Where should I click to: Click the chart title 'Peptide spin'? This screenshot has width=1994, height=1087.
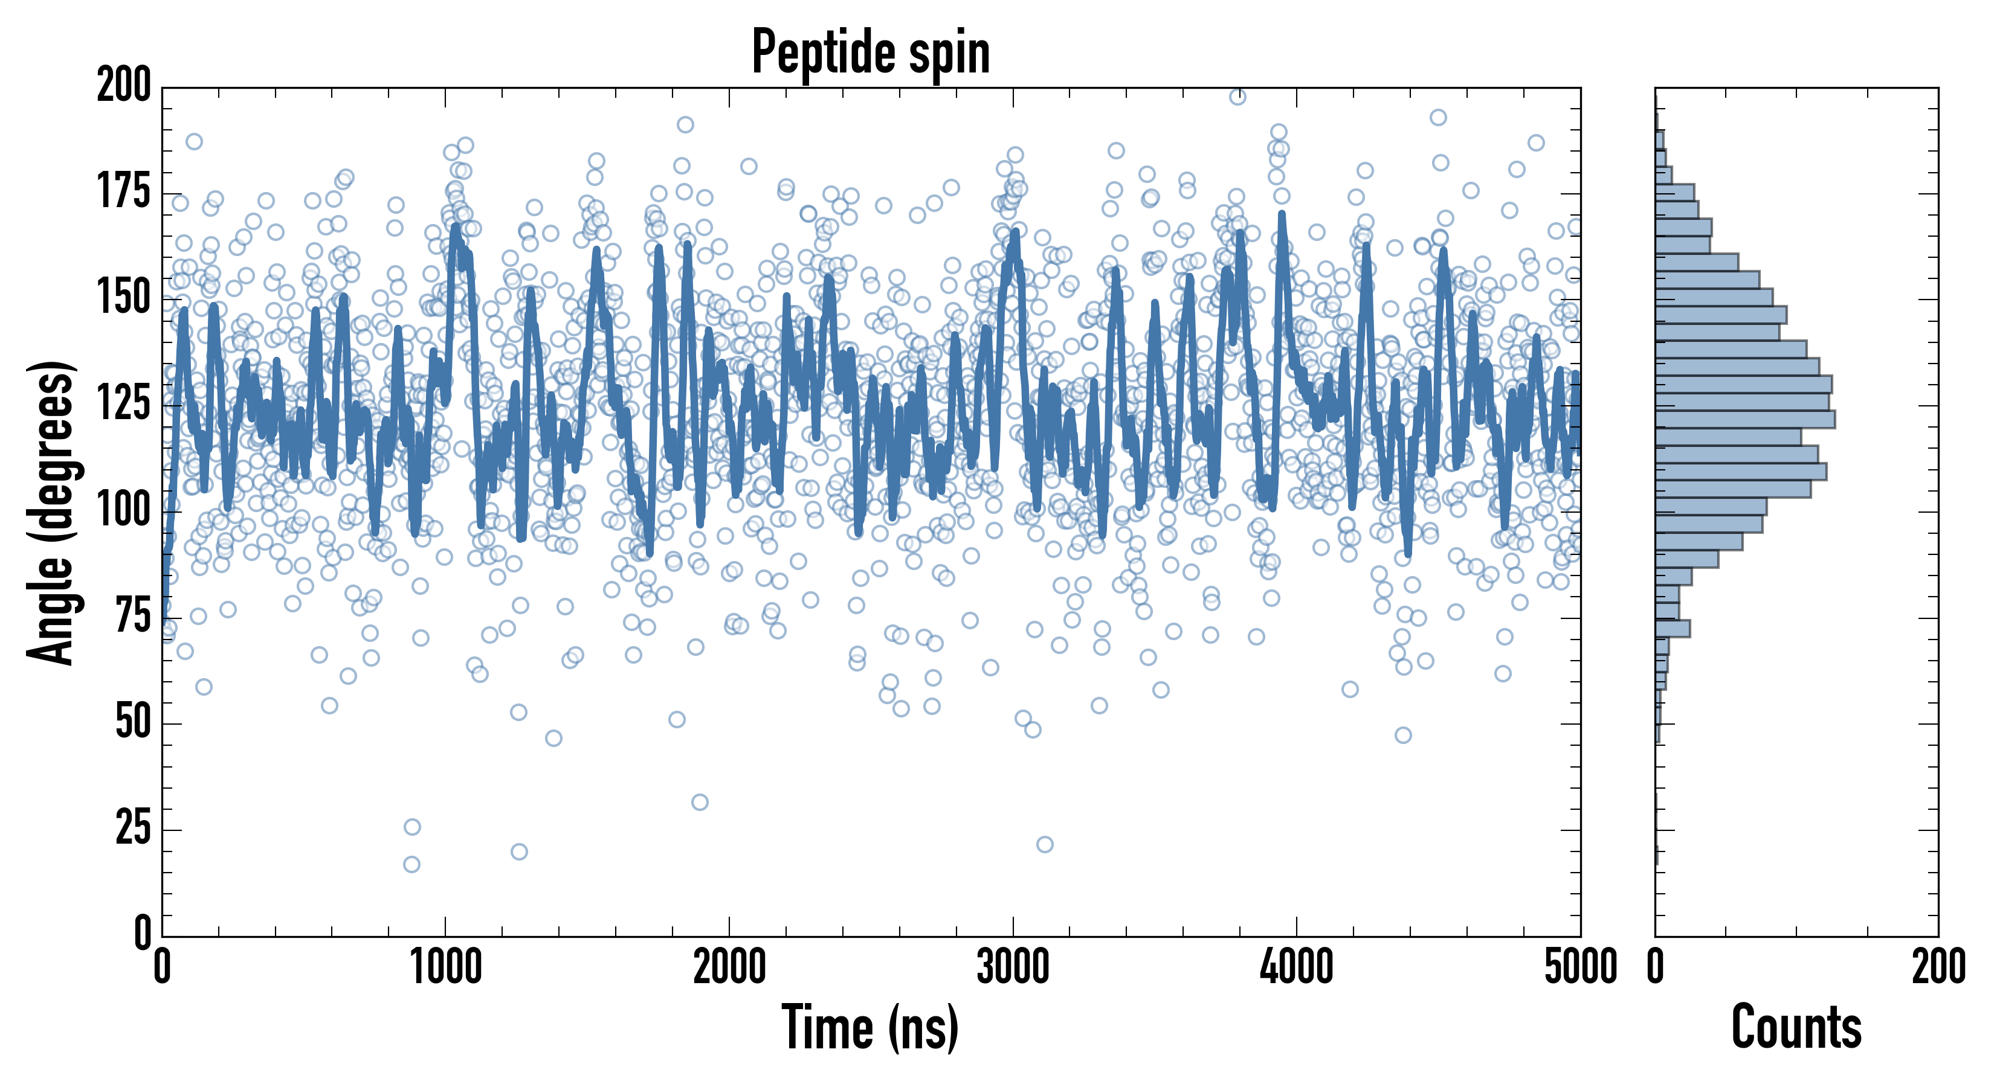click(871, 52)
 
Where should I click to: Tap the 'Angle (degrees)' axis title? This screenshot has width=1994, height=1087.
click(51, 512)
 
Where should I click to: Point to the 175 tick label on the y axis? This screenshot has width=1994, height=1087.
click(124, 192)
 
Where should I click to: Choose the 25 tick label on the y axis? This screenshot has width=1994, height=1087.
click(133, 829)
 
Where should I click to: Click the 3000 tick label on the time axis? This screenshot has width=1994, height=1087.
click(1013, 967)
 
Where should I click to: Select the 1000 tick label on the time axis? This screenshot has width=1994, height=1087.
click(446, 967)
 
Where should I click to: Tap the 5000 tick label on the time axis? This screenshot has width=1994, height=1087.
click(1580, 967)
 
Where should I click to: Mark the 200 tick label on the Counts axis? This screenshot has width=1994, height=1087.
click(1937, 967)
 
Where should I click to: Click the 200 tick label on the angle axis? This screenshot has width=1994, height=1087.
click(124, 86)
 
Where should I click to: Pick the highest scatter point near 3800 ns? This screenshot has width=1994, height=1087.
click(1237, 97)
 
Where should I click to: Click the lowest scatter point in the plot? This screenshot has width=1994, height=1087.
click(412, 864)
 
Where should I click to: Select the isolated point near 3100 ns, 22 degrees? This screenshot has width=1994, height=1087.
click(1044, 844)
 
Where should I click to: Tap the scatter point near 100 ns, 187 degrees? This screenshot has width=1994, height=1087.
click(195, 141)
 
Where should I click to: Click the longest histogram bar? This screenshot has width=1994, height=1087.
click(1745, 419)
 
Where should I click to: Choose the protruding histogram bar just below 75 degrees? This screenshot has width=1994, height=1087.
click(1672, 628)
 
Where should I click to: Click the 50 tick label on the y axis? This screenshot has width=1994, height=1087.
click(133, 723)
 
